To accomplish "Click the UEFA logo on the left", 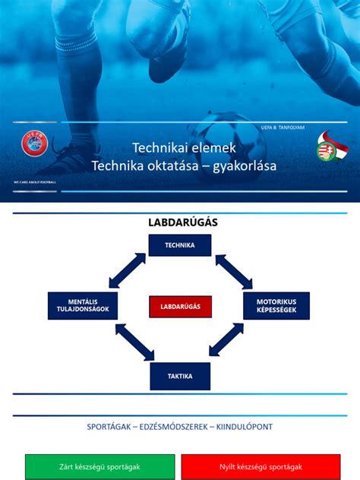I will click(x=34, y=144).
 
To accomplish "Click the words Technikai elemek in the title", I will click(x=185, y=147).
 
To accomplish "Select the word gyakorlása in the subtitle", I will click(x=245, y=165).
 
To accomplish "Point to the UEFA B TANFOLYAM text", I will click(x=282, y=128).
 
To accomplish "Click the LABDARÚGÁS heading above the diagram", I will click(x=182, y=222).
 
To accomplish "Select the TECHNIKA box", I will click(x=180, y=245).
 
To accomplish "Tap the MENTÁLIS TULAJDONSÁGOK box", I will click(x=83, y=305).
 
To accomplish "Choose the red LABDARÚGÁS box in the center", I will click(x=180, y=306).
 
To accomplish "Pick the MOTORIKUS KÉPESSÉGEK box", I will click(x=276, y=305).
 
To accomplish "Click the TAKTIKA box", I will click(x=180, y=376).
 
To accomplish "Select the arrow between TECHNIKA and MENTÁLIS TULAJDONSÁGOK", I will click(x=127, y=270).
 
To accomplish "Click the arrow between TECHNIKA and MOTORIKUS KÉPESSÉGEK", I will click(x=234, y=271).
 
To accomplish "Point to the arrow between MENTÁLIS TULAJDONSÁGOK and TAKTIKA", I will click(x=134, y=342).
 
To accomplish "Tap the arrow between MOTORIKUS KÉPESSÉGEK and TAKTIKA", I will click(x=226, y=340).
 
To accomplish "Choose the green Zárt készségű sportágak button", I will click(x=99, y=467).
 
